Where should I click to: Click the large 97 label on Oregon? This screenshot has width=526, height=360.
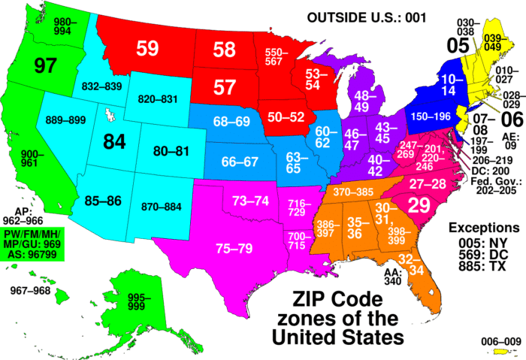(45, 66)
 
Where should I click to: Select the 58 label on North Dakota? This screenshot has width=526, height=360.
(224, 50)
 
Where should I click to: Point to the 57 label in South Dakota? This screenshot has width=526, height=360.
(225, 87)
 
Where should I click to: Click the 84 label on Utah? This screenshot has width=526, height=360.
(114, 142)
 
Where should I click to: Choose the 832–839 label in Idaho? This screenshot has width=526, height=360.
(101, 87)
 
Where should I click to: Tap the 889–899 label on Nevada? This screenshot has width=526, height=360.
(66, 119)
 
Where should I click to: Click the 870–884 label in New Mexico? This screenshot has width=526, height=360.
(162, 207)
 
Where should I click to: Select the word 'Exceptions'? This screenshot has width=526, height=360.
(483, 227)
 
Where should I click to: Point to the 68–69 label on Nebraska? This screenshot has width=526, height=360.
(231, 122)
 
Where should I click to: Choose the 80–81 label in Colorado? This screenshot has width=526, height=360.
(171, 151)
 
